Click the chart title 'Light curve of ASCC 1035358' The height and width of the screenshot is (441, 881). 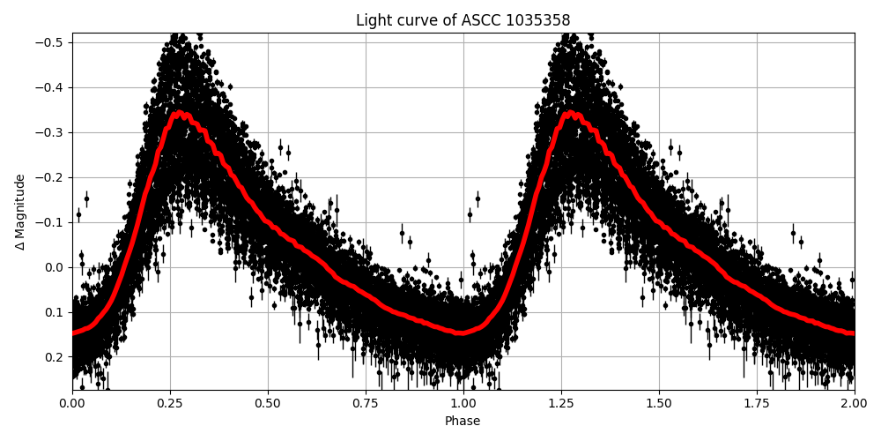[x=463, y=20]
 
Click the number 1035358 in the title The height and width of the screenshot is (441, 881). [x=537, y=20]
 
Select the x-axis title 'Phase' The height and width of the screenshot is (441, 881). [x=463, y=422]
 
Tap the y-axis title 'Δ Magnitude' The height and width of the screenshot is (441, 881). [x=20, y=212]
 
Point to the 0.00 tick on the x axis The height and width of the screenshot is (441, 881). [x=72, y=403]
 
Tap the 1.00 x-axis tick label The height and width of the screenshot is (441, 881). [x=463, y=403]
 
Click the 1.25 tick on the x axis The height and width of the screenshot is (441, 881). [x=561, y=403]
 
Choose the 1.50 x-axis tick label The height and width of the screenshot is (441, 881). [x=659, y=403]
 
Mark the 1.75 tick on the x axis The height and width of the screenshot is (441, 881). [x=757, y=403]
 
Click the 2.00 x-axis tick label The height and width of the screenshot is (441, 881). [x=854, y=403]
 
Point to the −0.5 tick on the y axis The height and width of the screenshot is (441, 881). [x=51, y=42]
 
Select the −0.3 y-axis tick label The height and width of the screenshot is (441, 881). [x=51, y=132]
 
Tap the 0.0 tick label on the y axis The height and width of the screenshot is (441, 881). [x=55, y=267]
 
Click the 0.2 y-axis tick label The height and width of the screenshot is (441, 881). [x=55, y=357]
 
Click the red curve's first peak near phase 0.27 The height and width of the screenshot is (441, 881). [x=180, y=113]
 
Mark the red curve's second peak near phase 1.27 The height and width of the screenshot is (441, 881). [x=571, y=113]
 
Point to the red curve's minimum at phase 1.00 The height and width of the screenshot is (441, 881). [x=463, y=333]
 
